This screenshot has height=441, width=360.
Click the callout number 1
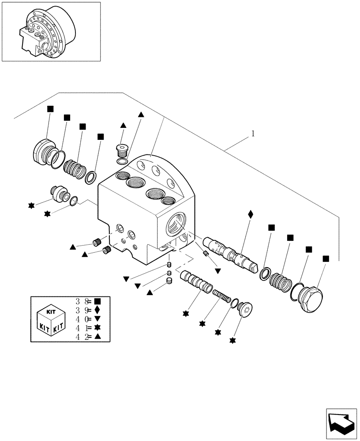(253, 133)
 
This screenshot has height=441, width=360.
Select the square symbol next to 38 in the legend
(97, 302)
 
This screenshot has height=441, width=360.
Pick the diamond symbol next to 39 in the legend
(97, 310)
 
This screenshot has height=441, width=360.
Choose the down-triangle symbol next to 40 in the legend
(97, 319)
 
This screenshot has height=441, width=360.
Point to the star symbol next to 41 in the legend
(97, 328)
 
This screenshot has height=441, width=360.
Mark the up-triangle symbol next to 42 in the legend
(97, 337)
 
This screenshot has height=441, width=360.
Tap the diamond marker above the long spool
(251, 214)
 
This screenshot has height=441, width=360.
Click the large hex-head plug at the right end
(311, 300)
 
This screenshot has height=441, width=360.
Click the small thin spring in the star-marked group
(221, 296)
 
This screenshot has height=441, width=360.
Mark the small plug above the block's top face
(121, 150)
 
